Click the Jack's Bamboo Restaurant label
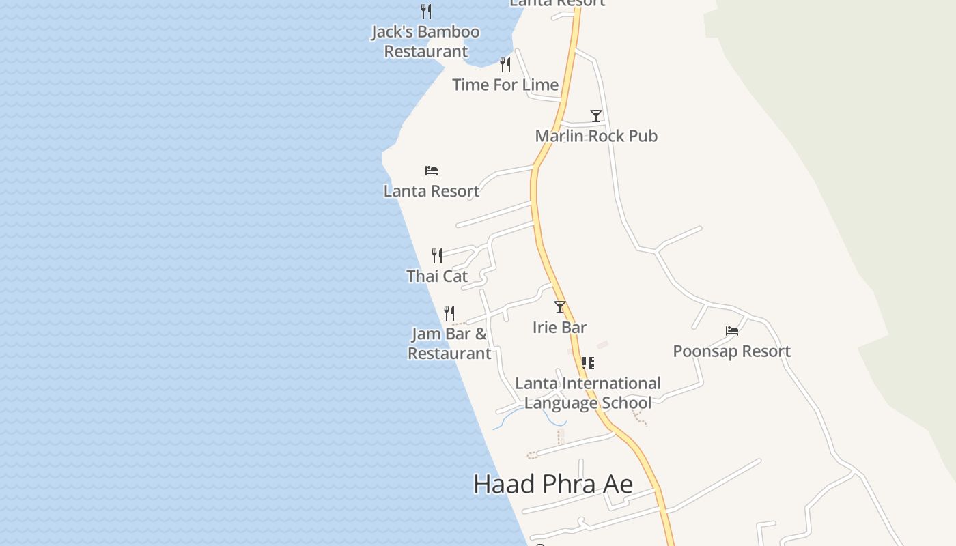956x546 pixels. point(425,42)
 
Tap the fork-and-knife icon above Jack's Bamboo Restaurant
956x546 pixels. point(426,11)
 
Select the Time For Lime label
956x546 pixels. point(505,85)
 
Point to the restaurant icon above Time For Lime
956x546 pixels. point(505,65)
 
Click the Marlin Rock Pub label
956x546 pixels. point(596,136)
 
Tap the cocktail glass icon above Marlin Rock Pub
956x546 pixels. point(596,116)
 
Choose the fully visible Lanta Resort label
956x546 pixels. point(432,191)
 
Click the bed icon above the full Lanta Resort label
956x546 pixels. point(432,171)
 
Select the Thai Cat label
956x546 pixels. point(437,276)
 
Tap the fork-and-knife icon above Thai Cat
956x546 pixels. point(437,256)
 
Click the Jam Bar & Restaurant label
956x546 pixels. point(449,343)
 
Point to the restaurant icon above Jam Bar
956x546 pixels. point(449,313)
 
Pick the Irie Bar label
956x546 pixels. point(560,328)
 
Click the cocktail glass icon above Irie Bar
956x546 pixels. point(560,307)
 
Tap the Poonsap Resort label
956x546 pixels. point(732,351)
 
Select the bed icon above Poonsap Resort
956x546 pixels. point(732,331)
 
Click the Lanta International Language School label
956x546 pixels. point(588,393)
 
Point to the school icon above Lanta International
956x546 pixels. point(587,362)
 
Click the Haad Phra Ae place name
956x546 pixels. point(553,484)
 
